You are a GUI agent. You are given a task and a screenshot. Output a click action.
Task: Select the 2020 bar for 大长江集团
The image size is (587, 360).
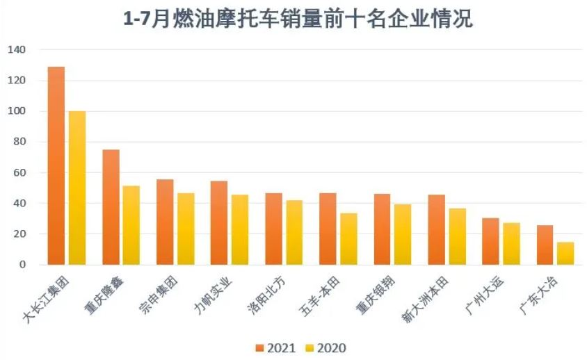[77, 188]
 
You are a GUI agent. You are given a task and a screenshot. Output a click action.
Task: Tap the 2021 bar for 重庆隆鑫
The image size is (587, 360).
[111, 207]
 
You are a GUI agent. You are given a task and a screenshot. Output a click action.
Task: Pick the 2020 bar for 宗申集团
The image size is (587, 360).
[186, 229]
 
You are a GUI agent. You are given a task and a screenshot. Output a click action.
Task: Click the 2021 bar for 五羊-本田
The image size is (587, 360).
[328, 229]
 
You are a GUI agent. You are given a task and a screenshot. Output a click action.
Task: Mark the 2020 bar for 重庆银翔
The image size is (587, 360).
[403, 234]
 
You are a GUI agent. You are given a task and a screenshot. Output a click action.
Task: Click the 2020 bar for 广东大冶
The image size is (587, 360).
[565, 253]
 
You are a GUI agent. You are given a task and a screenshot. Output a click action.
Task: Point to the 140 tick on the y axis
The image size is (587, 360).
[17, 50]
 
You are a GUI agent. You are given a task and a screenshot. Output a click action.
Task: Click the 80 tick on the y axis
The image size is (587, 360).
[19, 142]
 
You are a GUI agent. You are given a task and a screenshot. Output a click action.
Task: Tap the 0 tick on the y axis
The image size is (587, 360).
[22, 265]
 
